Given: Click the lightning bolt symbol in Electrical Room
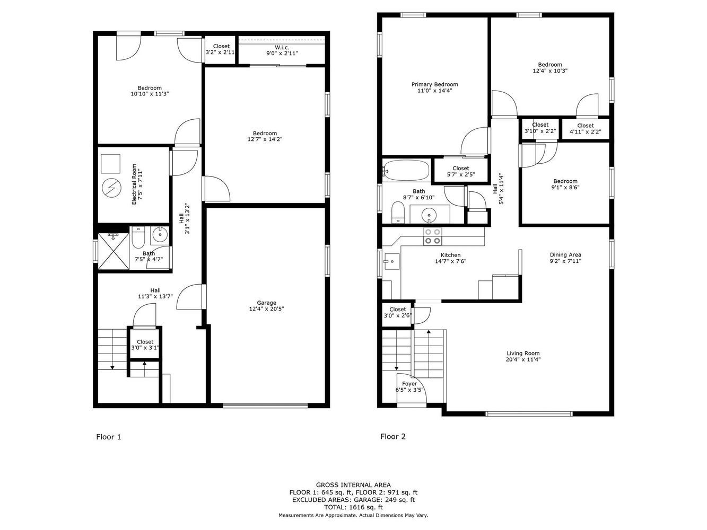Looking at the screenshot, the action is [111, 188].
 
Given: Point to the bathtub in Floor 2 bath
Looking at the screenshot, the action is [406, 170].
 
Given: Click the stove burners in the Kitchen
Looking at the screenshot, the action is [433, 236].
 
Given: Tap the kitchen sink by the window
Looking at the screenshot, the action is [391, 261].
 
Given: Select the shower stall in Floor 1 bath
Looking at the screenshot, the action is [113, 251].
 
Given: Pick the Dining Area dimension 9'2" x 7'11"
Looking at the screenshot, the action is [565, 261].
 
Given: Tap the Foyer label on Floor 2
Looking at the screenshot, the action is [409, 384].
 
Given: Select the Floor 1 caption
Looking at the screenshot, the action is [109, 437].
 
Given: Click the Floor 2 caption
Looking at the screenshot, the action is [393, 436].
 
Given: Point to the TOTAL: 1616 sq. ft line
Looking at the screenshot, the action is [353, 507].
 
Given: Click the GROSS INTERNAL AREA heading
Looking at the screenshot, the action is [353, 485].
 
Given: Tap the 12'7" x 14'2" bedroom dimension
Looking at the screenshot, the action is [265, 139].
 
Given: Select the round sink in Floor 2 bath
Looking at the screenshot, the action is [429, 214].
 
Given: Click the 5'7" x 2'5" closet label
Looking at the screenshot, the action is [460, 174].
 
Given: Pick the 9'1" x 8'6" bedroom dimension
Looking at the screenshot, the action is [565, 187].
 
